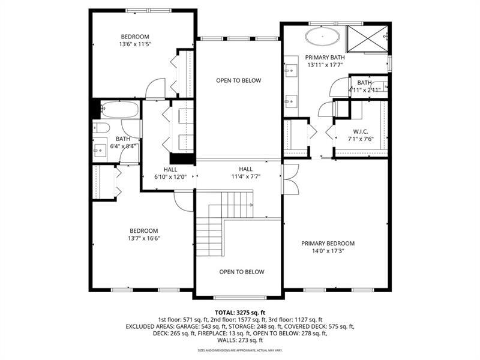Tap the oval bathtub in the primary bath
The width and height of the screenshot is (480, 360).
pos(323,36)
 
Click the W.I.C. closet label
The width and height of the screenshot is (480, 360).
pos(360,131)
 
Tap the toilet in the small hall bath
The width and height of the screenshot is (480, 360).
pos(100,127)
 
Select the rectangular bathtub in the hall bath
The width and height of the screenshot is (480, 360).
pos(118,110)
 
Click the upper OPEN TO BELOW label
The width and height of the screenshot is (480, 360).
pos(238,80)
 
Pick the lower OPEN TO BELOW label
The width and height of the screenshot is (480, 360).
pos(241,272)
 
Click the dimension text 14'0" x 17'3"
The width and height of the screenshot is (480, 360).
pos(328,251)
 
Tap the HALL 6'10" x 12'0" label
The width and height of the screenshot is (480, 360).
pos(170,173)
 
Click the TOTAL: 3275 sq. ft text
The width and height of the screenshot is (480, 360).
pos(239,312)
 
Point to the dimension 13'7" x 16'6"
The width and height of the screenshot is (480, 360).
pos(144,238)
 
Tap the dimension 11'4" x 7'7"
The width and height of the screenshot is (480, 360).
pos(246,177)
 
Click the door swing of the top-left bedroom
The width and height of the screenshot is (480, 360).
pos(155,89)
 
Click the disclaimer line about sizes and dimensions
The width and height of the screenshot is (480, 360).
pos(239,350)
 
